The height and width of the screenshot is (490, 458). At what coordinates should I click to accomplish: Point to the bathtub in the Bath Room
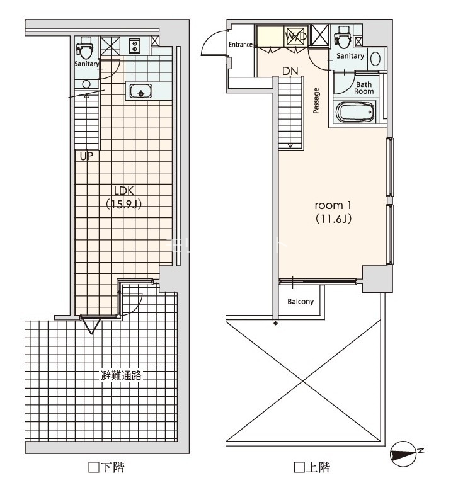(356, 114)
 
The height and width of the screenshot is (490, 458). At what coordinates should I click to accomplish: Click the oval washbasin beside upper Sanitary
(375, 59)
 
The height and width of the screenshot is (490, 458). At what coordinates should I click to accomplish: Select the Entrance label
(241, 45)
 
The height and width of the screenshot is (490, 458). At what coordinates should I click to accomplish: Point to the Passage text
(316, 101)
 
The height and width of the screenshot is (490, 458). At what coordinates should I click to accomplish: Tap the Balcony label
(301, 302)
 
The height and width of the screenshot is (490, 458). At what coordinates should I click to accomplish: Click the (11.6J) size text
(331, 219)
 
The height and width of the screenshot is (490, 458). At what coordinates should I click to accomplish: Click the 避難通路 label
(121, 376)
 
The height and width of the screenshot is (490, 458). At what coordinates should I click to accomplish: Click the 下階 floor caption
(110, 468)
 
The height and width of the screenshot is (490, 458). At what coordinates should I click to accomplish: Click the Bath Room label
(364, 88)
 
